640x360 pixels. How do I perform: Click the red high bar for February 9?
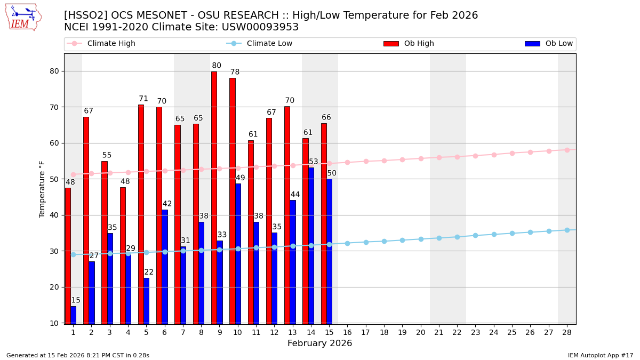point(214,197)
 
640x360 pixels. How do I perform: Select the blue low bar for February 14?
point(311,245)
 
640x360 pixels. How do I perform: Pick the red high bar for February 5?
point(141,213)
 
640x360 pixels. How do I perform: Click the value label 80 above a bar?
point(217,66)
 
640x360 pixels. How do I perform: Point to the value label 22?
point(149,273)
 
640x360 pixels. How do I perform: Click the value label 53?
point(314,162)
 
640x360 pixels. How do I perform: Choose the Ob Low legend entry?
point(549,44)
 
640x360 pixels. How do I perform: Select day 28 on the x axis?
point(567,332)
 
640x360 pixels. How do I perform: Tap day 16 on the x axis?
point(347,332)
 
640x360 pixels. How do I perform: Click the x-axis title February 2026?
point(319,343)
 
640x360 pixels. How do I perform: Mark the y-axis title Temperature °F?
point(43,189)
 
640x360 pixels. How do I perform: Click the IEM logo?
point(23,17)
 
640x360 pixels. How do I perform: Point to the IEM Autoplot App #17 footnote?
point(601,355)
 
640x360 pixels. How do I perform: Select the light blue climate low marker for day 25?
point(512,233)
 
